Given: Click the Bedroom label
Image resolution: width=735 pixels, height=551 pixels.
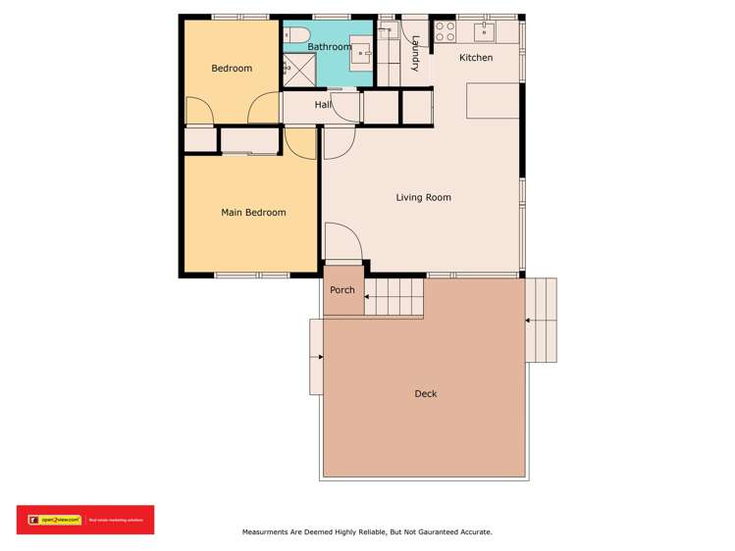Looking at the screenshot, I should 232,69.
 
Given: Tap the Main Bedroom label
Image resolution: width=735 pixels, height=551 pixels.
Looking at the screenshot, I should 253,213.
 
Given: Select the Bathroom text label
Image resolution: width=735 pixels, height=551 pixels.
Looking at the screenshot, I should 329,47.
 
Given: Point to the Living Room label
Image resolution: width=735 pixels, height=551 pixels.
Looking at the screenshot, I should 423,198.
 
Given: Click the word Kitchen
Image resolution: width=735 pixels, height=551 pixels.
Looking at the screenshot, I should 476,58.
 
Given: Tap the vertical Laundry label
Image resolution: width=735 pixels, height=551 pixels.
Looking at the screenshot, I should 416,54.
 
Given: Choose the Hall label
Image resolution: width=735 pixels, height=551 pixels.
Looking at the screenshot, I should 323,105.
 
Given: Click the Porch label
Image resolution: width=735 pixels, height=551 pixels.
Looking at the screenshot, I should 342,290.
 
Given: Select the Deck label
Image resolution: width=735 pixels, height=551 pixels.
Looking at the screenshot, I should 425,394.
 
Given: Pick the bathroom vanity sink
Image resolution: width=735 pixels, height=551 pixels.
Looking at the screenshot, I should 360,51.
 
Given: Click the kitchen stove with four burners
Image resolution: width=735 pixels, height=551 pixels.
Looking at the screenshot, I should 445,31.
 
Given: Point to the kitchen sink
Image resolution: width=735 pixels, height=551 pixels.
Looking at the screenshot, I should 484,31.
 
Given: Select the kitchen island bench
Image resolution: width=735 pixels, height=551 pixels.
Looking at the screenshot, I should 492,101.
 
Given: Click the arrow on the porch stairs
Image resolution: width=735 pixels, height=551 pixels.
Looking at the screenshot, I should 369,296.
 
